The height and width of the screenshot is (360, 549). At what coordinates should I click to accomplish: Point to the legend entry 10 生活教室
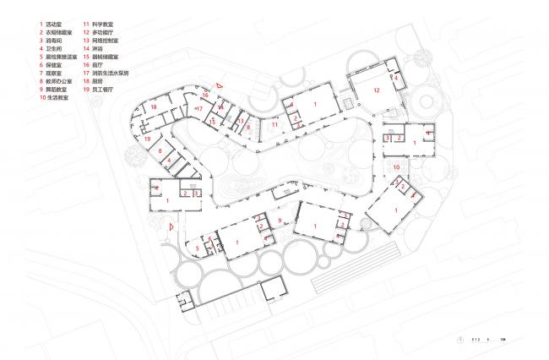tap(58, 98)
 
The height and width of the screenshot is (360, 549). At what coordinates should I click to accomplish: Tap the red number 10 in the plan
tap(397, 169)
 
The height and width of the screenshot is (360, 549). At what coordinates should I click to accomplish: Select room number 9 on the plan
tap(280, 220)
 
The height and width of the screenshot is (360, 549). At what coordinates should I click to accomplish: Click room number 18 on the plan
tap(154, 108)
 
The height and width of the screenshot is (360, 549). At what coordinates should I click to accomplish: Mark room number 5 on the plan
tap(198, 248)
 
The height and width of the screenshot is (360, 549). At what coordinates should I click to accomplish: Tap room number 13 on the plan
tap(240, 122)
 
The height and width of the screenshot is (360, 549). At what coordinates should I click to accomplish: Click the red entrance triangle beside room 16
tap(218, 85)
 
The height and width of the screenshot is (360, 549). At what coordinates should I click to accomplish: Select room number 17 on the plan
tap(198, 109)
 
